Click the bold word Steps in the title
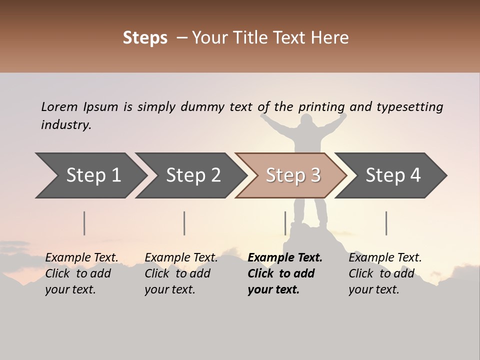click(145, 38)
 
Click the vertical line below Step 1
click(84, 223)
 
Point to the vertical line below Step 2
click(184, 223)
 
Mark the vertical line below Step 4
click(386, 223)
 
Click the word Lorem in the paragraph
click(59, 107)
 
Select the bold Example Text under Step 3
click(285, 258)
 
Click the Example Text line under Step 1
click(82, 258)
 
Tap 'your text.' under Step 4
click(373, 290)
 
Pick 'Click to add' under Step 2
click(177, 274)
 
